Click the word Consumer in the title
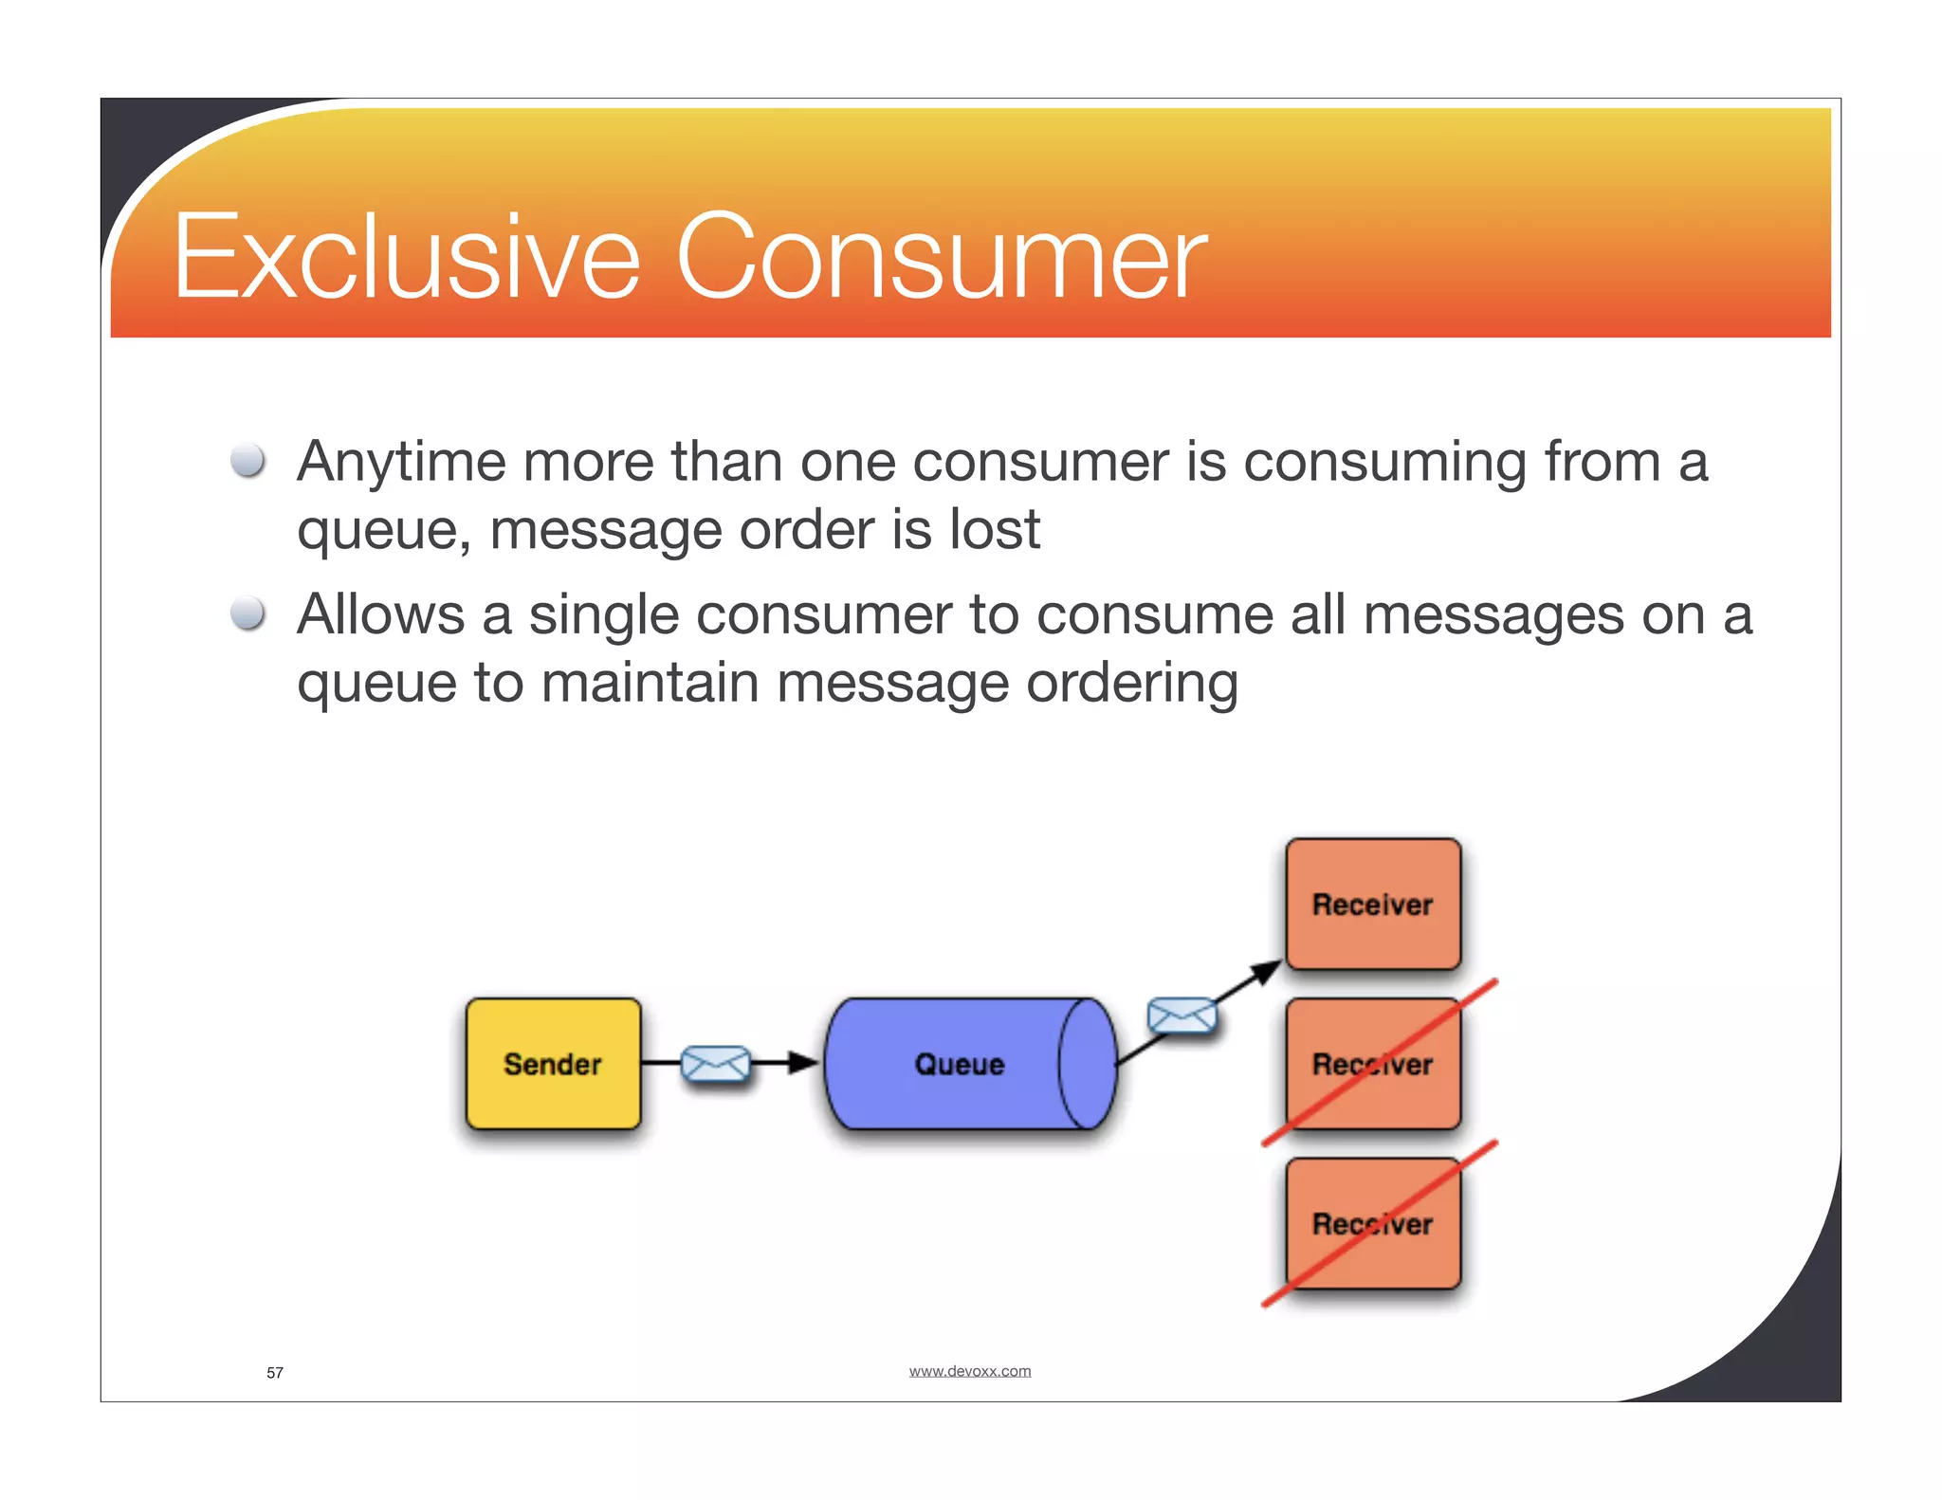click(941, 258)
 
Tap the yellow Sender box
click(553, 1064)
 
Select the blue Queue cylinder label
click(959, 1064)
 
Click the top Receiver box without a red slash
click(1372, 904)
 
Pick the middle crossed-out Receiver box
click(1372, 1064)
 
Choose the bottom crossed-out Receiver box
click(1372, 1223)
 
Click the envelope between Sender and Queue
click(716, 1064)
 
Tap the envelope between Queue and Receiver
click(1182, 1016)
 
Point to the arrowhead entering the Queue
click(804, 1063)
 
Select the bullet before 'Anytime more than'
click(248, 461)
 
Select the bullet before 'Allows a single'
click(248, 613)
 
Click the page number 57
click(275, 1373)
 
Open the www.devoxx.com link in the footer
click(969, 1371)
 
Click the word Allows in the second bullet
click(380, 615)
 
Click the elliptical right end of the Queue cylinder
click(1088, 1064)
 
